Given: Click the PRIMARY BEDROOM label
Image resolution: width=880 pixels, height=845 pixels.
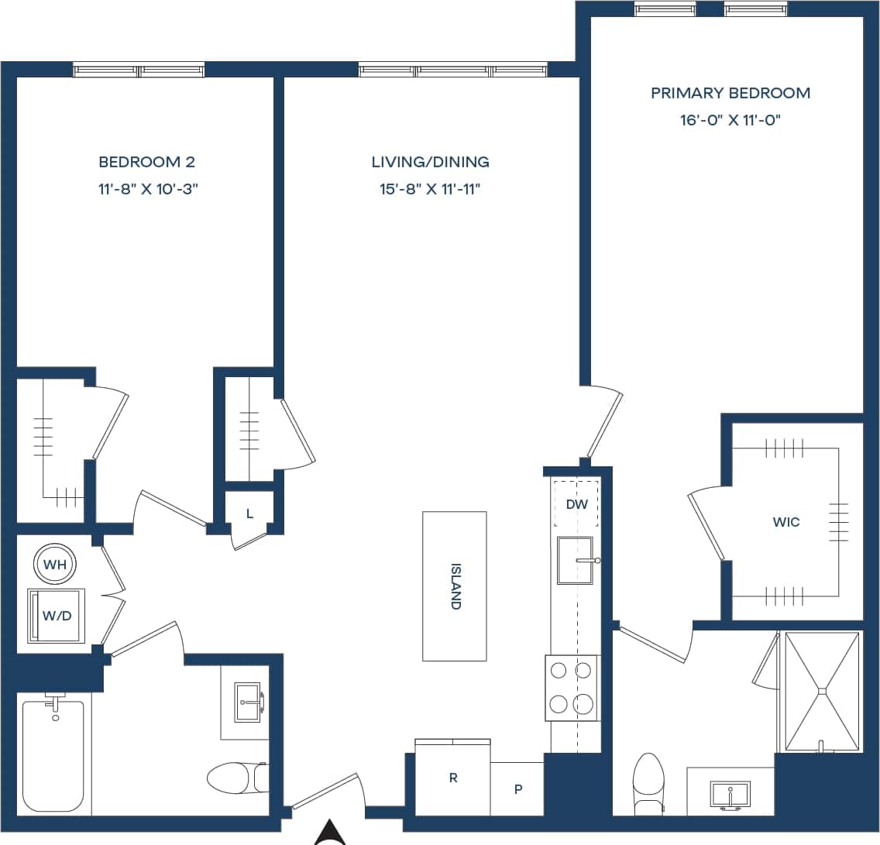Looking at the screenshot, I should point(730,93).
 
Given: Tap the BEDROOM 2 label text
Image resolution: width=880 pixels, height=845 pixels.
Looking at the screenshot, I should point(146,162).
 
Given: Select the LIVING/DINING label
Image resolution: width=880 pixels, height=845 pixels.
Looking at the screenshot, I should point(430,162).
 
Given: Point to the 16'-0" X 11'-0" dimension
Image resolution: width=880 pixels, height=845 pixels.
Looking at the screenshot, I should point(730,121).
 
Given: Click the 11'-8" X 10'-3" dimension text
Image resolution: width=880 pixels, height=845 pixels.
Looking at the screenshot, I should point(146,190).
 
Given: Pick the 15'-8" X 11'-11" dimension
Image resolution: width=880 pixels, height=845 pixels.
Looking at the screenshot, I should point(430,190).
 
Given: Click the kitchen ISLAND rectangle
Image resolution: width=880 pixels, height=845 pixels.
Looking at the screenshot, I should point(455,586).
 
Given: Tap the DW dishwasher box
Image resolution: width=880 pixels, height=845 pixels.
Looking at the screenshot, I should point(576,504).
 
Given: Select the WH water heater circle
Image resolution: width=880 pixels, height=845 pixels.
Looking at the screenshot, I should point(54,565).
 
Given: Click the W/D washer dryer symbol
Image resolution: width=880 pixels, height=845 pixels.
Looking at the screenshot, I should point(56,616).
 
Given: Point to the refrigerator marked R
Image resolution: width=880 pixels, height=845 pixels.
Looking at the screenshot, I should point(453,778).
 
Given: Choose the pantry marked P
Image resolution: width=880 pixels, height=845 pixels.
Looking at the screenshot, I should point(517,789).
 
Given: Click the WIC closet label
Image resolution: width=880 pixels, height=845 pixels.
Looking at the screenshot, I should point(786,522).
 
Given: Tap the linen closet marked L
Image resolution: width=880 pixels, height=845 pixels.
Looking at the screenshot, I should point(249,514).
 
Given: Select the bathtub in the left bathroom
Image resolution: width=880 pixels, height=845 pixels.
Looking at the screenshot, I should point(53,756).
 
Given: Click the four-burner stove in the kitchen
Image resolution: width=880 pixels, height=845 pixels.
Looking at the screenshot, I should point(572,688).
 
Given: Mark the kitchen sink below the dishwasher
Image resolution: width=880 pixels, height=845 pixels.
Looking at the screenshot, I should point(575,561).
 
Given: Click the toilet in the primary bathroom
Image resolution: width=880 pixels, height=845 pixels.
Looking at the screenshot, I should point(648,782).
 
